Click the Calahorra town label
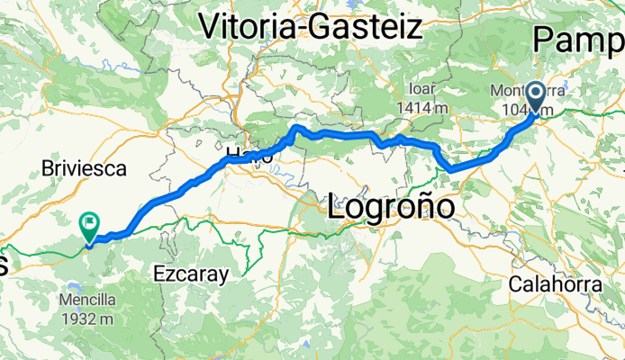coord(555,283)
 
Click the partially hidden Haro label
coord(243,154)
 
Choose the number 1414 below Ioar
coord(413,108)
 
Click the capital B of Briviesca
coord(48,168)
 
